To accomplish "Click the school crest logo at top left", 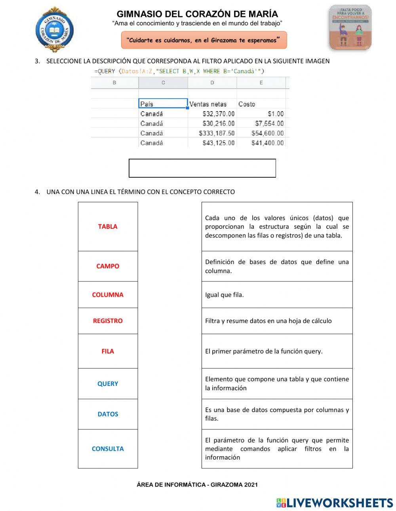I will tap(55, 30).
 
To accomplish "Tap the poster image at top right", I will tap(350, 27).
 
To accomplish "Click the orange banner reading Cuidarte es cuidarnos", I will tap(204, 40).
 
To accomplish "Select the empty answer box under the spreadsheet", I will tap(202, 168).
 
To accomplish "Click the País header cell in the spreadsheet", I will tap(163, 104).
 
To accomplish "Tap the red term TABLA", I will tap(108, 226).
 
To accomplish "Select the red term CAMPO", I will tap(108, 266).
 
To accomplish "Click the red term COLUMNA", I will tap(108, 294).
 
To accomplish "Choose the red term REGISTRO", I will tap(108, 321).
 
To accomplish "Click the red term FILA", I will tap(108, 351).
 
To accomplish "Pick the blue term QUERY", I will tap(108, 384).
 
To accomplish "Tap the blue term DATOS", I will tap(108, 414).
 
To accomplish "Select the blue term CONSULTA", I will tap(108, 448).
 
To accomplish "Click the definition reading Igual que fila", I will tap(225, 295).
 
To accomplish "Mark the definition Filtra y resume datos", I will tap(268, 321).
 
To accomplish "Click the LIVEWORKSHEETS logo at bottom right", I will tap(335, 503).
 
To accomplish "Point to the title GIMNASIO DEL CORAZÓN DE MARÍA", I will tap(197, 14).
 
